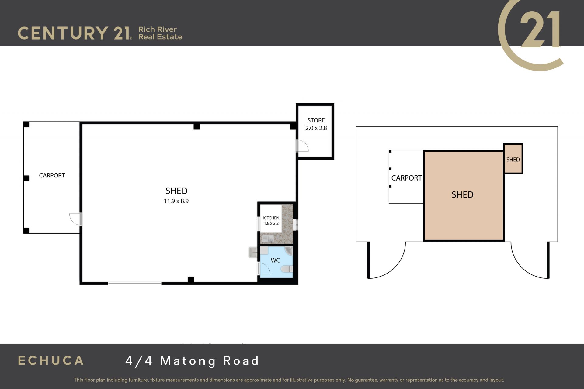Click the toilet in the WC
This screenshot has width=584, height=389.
(287, 269)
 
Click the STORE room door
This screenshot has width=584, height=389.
(302, 146)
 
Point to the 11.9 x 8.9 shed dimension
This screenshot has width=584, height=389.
(176, 201)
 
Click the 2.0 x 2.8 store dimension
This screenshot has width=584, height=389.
(316, 128)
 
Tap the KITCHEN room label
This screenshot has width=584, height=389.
(271, 218)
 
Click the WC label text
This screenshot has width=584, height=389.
(275, 260)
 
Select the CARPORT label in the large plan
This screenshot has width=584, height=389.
(52, 175)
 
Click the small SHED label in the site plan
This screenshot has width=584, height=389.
(513, 160)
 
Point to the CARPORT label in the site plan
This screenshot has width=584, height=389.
(406, 178)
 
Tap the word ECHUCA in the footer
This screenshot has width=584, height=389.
(51, 360)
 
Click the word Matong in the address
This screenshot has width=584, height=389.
(188, 361)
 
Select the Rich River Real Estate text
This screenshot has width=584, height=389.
(160, 33)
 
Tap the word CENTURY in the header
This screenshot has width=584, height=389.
(63, 33)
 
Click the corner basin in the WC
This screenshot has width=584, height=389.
(289, 251)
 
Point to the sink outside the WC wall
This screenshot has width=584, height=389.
(253, 252)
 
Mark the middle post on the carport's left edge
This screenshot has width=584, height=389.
(26, 178)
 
